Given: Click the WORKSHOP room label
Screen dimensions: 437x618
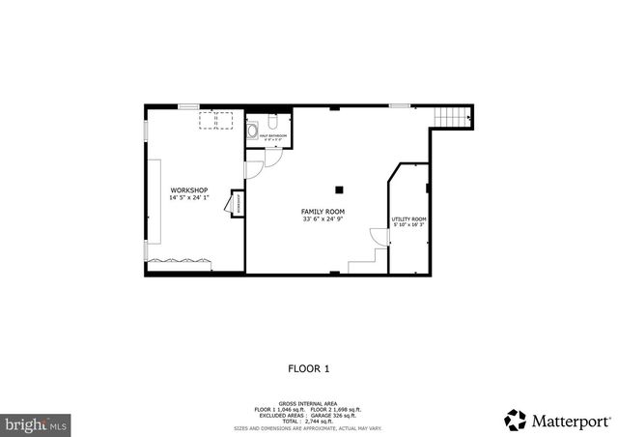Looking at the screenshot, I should pyautogui.click(x=188, y=190).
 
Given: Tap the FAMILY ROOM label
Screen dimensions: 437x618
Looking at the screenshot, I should pyautogui.click(x=323, y=212).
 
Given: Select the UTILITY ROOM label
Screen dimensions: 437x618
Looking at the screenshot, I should pyautogui.click(x=408, y=219).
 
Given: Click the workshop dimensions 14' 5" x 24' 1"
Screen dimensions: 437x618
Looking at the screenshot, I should pyautogui.click(x=188, y=198).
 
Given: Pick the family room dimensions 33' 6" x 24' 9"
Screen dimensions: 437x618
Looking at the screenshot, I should pyautogui.click(x=323, y=219).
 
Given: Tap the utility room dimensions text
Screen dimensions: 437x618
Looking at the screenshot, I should pyautogui.click(x=408, y=226).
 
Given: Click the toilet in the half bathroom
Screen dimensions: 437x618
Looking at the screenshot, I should pyautogui.click(x=273, y=124).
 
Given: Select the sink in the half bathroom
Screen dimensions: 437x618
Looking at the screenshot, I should pyautogui.click(x=252, y=128).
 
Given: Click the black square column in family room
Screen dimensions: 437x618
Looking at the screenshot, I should pyautogui.click(x=338, y=189).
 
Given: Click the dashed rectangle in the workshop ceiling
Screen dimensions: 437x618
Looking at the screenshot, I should pyautogui.click(x=216, y=119).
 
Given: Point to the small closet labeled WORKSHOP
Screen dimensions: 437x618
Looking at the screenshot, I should pyautogui.click(x=236, y=203).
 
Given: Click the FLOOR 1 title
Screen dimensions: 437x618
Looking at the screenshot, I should pyautogui.click(x=309, y=367).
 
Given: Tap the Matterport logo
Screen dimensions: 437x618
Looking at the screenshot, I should pyautogui.click(x=557, y=421).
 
